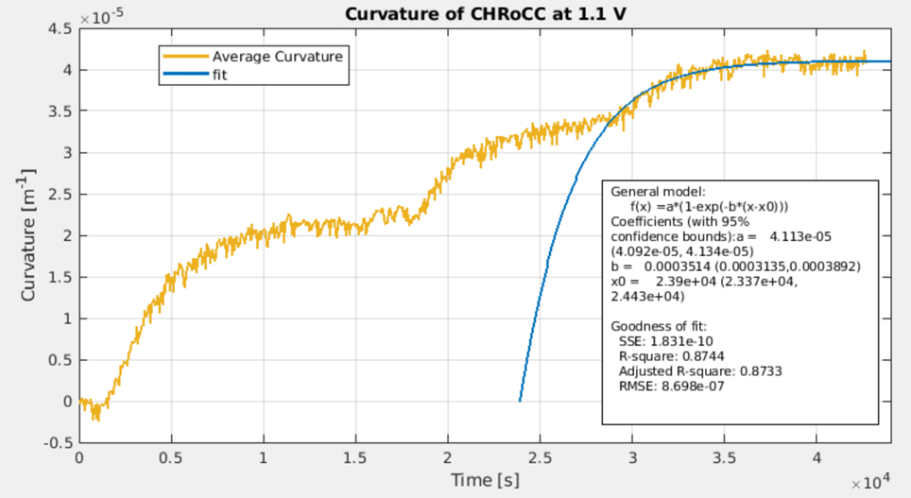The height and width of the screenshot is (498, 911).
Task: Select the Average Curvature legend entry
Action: point(277,56)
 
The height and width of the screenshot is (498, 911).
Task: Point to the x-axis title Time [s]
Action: point(485,480)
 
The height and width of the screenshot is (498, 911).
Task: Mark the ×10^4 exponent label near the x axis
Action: point(870,483)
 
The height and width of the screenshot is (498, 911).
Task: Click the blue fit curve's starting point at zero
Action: point(520,401)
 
